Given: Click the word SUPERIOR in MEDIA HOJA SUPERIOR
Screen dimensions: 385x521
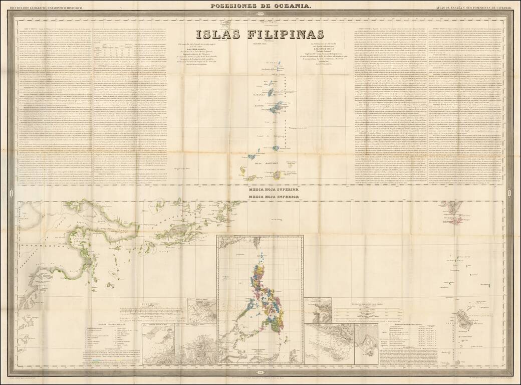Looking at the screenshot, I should [284, 191].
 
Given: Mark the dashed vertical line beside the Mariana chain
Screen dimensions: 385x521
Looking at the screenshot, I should [287, 115].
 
